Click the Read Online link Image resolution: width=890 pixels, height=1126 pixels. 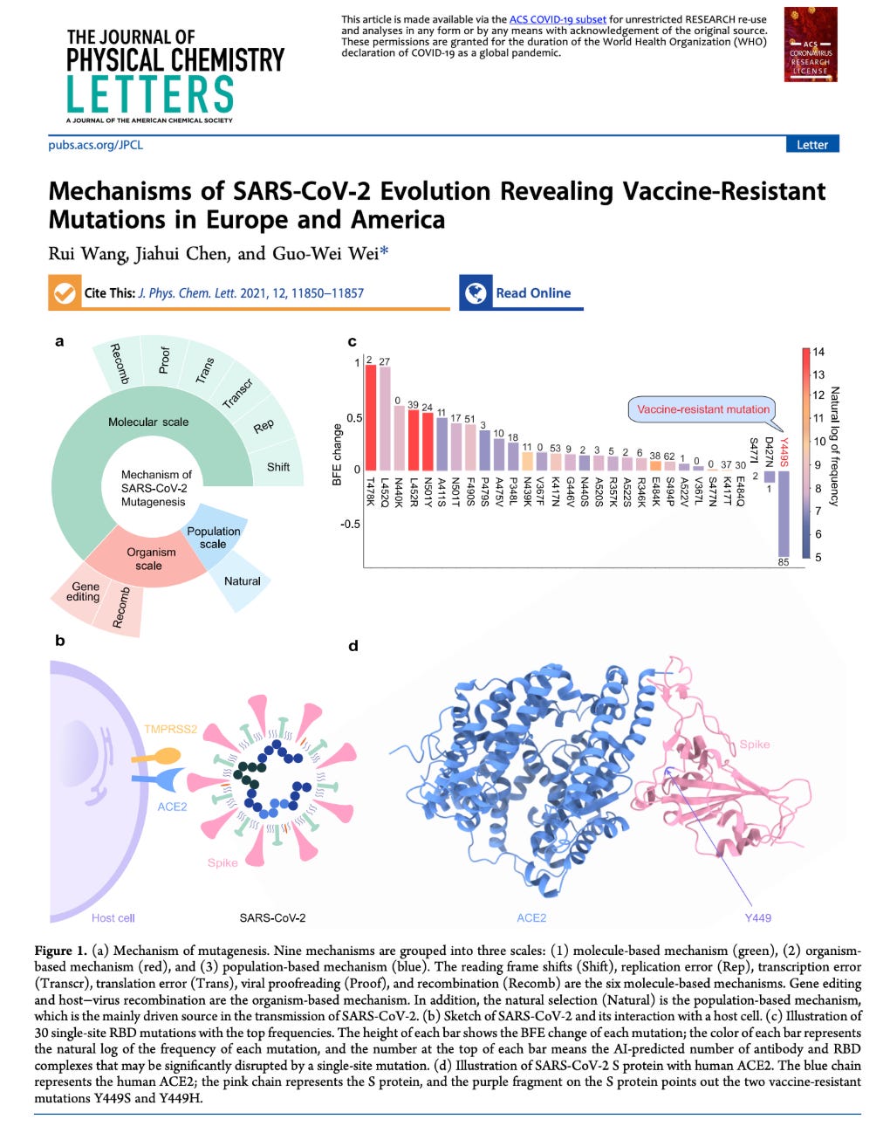pos(532,293)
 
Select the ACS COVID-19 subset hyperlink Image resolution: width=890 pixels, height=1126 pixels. pos(558,19)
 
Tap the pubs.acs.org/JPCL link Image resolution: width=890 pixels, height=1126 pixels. pos(95,145)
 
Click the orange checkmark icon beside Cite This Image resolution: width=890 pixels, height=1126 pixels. pos(64,293)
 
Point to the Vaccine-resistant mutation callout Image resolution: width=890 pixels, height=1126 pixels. pos(702,409)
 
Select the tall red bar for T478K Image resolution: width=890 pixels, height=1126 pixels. pos(370,416)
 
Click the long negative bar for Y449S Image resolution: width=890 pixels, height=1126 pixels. pos(783,512)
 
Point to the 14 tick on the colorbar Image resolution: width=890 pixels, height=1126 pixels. pos(818,352)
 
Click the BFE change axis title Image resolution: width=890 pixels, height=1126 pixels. pos(337,454)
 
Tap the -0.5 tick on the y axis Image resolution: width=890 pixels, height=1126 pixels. pos(350,525)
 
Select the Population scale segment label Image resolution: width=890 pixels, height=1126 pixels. pos(213,537)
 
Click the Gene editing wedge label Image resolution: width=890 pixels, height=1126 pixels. pos(86,592)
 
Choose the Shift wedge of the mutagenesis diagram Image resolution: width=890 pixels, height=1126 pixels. pos(278,467)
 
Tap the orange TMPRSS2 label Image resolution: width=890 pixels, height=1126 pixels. pos(170,729)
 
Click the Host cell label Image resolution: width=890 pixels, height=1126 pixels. pos(113,917)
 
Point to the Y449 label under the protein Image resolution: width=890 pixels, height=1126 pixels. pos(757,917)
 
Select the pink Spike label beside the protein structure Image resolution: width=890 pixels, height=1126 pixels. pos(754,745)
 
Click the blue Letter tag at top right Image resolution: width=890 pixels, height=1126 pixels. pos(811,145)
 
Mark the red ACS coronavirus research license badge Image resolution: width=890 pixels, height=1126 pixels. pos(811,45)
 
